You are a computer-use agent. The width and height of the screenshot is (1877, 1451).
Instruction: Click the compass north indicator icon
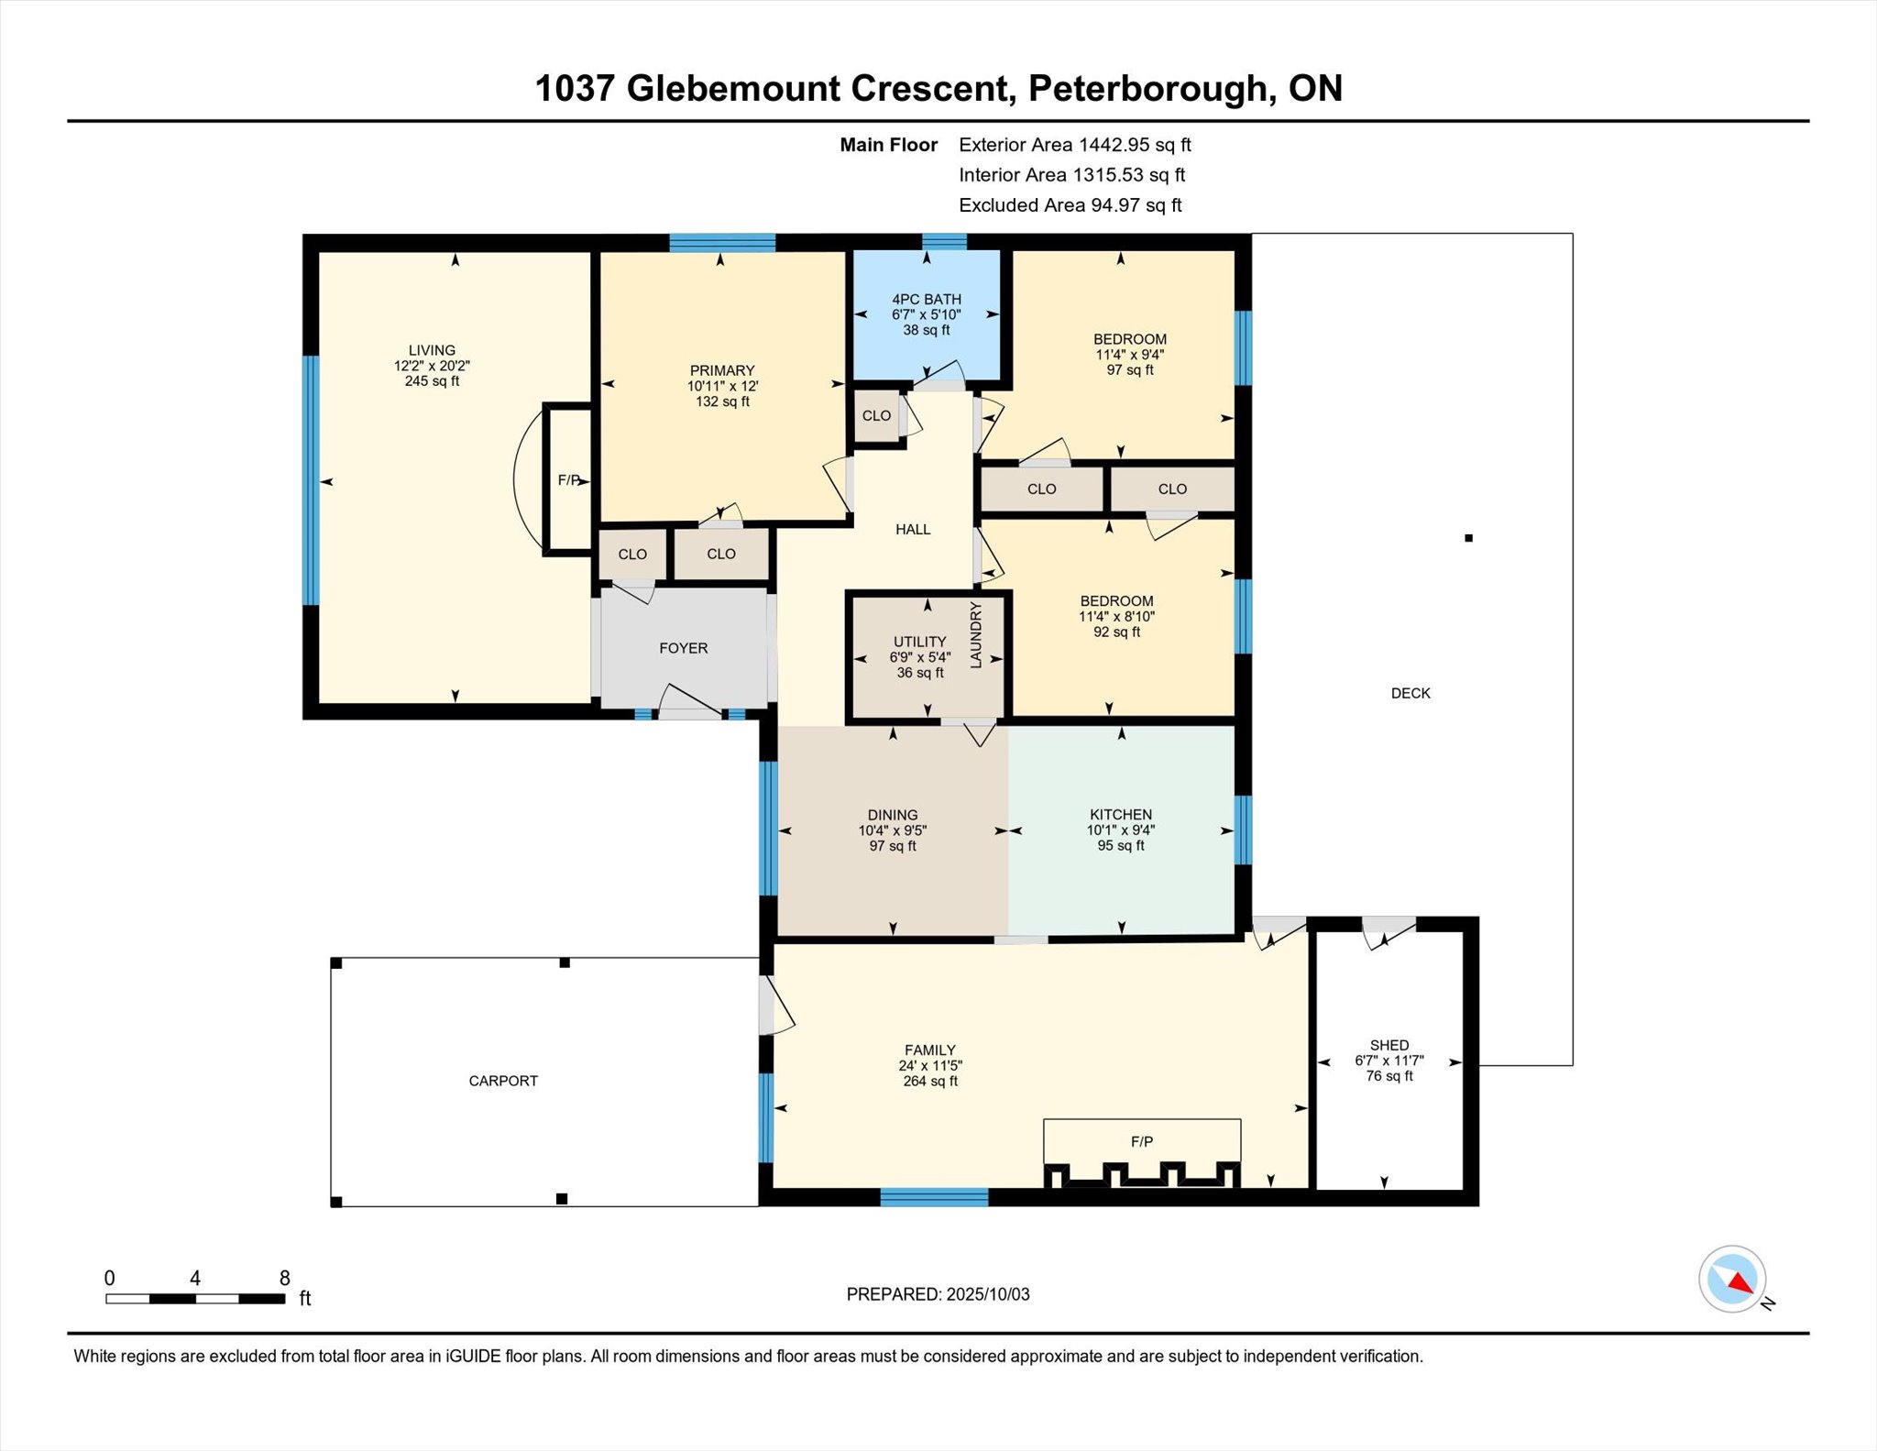coord(1733,1279)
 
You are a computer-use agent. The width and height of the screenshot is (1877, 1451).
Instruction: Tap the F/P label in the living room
coord(569,480)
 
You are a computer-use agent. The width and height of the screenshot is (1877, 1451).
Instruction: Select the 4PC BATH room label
coord(927,300)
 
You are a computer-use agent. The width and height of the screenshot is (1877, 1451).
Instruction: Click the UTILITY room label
coord(920,642)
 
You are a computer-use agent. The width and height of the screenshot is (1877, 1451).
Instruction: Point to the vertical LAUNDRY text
coord(976,634)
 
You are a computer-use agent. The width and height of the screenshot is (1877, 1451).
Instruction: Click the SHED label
coord(1389,1045)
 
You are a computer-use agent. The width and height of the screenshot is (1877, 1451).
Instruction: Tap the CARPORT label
coord(503,1081)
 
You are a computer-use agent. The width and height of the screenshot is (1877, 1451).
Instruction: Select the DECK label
coord(1410,693)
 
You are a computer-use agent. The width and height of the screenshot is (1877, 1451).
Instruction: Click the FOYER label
coord(684,648)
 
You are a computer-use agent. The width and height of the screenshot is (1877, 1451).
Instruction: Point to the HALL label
coord(913,529)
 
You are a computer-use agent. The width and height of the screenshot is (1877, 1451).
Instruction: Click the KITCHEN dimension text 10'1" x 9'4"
coord(1121,830)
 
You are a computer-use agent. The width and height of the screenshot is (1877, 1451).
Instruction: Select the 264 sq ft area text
coord(930,1082)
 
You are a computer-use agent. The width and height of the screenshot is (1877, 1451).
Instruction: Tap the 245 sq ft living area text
coord(432,381)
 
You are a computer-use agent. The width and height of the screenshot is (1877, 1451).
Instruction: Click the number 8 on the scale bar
coord(285,1278)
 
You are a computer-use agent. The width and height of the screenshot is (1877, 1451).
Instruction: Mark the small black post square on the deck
coord(1468,538)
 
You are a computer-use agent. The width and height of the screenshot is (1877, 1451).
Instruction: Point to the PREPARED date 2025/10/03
coord(988,1294)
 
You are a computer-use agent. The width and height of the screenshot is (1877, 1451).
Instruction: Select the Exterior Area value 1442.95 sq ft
coord(1135,145)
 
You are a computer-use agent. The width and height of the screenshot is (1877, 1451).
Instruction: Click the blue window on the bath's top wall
coord(944,242)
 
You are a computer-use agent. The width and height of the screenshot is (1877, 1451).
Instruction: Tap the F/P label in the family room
coord(1142,1141)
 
